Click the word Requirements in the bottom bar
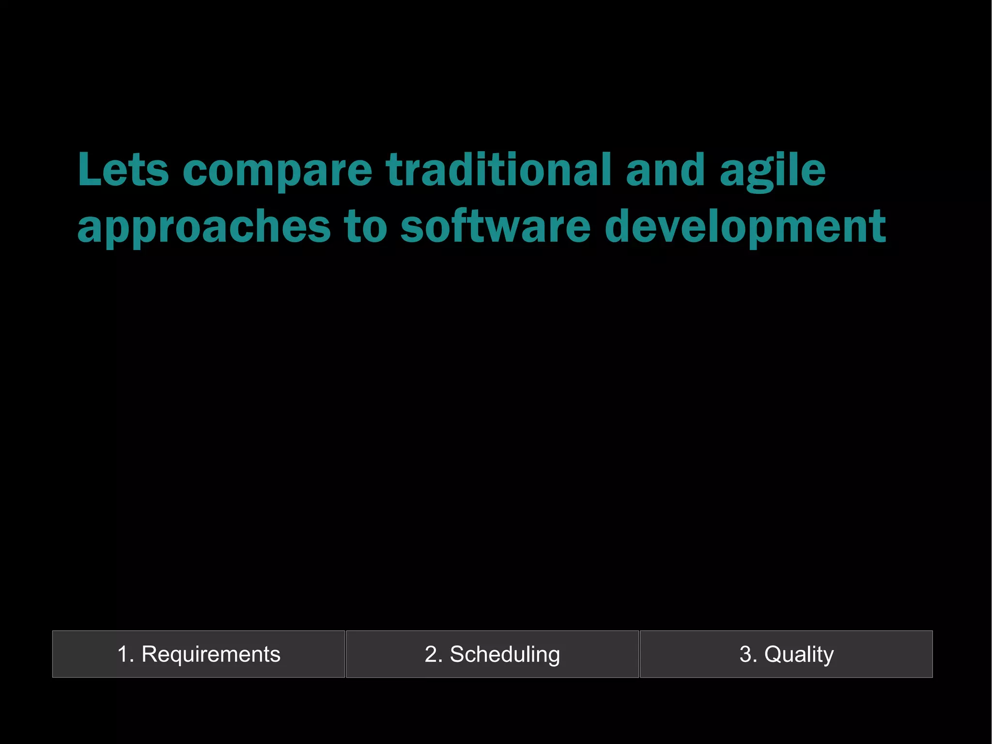click(211, 654)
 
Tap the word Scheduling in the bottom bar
click(505, 654)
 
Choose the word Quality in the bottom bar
click(799, 654)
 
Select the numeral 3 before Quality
click(745, 654)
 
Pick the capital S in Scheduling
click(457, 654)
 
